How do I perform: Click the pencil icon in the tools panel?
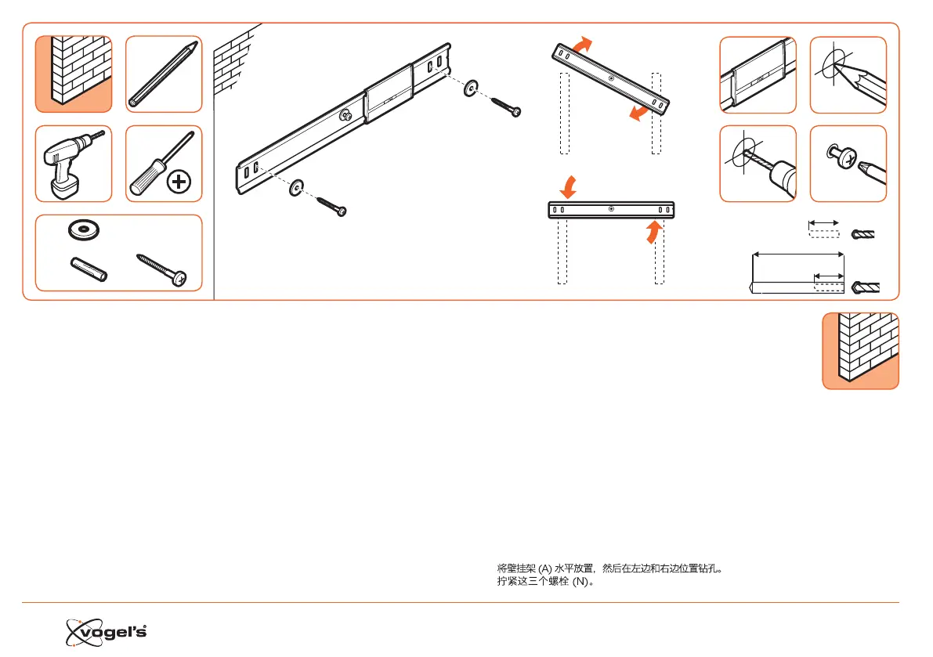(164, 74)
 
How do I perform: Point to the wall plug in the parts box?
(87, 268)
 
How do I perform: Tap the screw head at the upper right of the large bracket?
(515, 112)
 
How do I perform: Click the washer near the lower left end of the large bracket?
(297, 189)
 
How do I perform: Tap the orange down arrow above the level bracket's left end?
(568, 187)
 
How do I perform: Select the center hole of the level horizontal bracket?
(610, 209)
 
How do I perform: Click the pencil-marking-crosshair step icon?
(848, 74)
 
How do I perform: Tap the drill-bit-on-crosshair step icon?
(758, 163)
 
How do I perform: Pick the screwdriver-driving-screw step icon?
(848, 163)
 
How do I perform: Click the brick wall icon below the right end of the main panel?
(860, 350)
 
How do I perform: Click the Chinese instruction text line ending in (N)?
(545, 583)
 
